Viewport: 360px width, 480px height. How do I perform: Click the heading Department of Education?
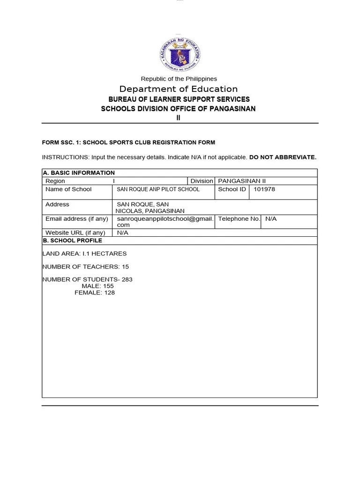[179, 89]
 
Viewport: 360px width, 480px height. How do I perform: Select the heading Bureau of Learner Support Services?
[179, 99]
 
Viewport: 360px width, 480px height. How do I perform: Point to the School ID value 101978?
[264, 189]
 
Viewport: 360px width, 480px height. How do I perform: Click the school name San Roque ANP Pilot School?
[158, 189]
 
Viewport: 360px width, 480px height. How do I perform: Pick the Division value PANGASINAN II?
[242, 181]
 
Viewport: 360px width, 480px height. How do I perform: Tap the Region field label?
[55, 181]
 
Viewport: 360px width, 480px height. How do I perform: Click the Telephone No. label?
[239, 219]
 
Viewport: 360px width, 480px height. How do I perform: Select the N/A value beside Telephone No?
[271, 219]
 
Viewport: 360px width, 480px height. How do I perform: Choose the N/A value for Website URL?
[123, 232]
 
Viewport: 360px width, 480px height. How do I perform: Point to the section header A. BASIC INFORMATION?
[79, 172]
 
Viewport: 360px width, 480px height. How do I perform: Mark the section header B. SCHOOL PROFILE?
[72, 240]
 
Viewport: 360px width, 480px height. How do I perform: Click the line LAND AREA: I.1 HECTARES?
[84, 254]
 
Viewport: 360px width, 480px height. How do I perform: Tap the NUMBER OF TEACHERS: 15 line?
[86, 267]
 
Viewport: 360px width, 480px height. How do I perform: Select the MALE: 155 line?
[97, 286]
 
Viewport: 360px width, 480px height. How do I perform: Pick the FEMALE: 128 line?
[95, 292]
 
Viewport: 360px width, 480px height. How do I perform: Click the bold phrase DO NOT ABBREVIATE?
[283, 157]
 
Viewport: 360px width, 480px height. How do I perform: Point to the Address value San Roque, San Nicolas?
[150, 208]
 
